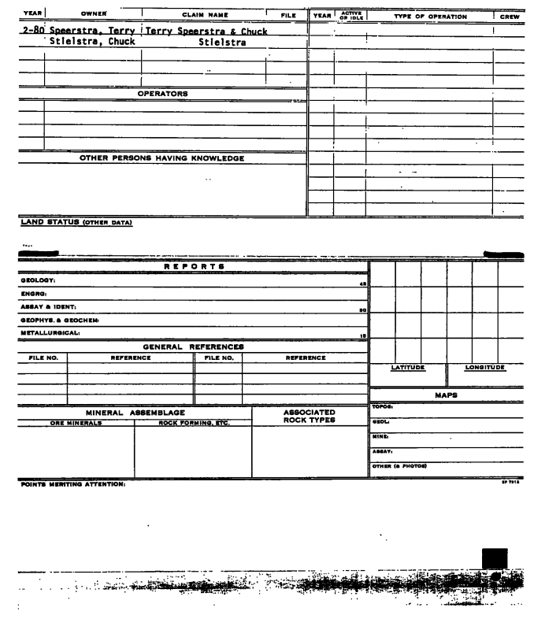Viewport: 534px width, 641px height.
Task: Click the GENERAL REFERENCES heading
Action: [x=193, y=346]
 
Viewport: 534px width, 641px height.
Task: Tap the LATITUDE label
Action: [x=408, y=368]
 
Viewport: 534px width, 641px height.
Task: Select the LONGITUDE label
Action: [x=484, y=368]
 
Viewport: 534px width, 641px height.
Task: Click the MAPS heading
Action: [x=447, y=397]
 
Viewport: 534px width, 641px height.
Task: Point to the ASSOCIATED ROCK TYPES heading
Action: [x=310, y=416]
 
